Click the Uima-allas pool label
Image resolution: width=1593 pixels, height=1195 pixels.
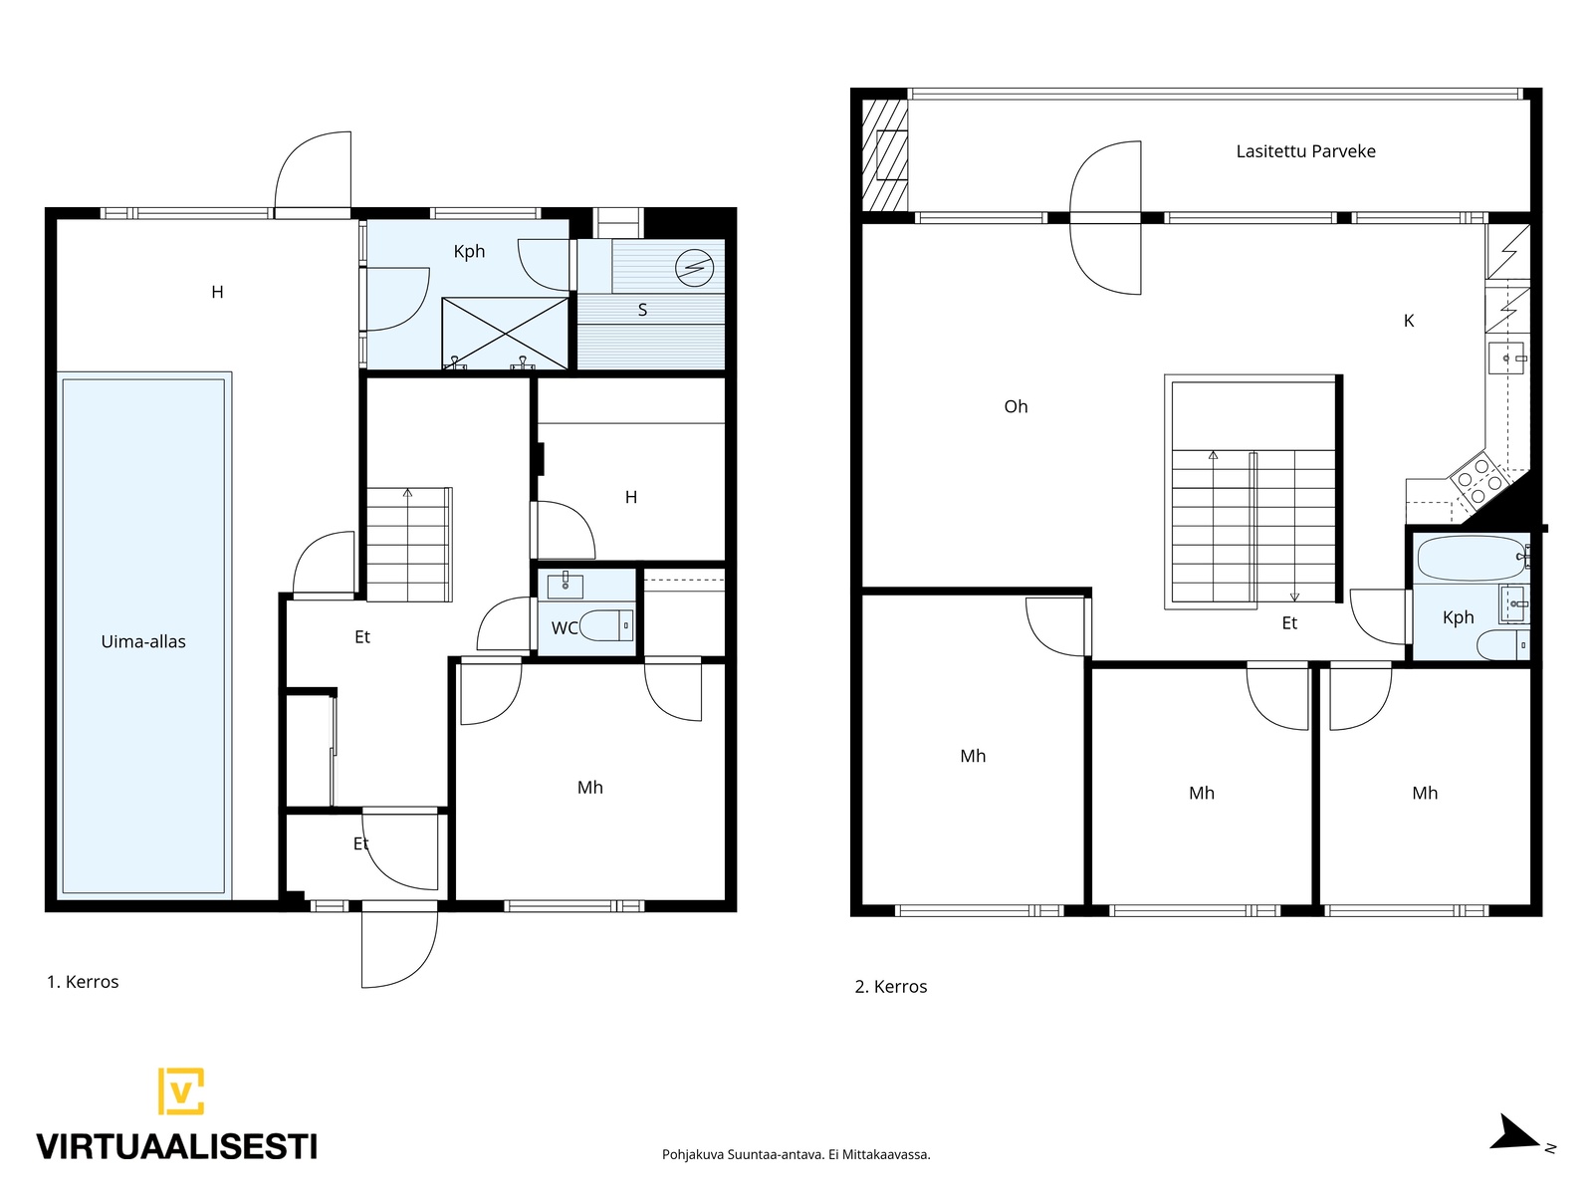pyautogui.click(x=143, y=641)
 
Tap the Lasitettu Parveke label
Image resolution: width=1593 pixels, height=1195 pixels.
pyautogui.click(x=1305, y=151)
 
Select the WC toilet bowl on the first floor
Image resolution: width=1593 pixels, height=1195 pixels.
pyautogui.click(x=606, y=625)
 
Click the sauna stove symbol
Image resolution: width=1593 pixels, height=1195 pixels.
pyautogui.click(x=695, y=269)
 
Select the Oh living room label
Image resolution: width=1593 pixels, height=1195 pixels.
pyautogui.click(x=1016, y=406)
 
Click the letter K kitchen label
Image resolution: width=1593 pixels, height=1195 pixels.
pyautogui.click(x=1409, y=321)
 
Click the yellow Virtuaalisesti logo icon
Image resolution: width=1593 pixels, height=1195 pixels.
pyautogui.click(x=181, y=1090)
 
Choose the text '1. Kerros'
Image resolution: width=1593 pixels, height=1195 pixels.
pyautogui.click(x=83, y=982)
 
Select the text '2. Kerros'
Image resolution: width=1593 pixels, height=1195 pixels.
pyautogui.click(x=890, y=987)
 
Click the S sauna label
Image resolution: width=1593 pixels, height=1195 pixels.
pyautogui.click(x=642, y=310)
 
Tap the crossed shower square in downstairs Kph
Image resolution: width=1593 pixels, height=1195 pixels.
pyautogui.click(x=505, y=333)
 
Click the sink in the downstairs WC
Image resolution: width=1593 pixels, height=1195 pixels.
pyautogui.click(x=565, y=586)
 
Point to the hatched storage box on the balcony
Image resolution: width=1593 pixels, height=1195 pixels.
pyautogui.click(x=885, y=154)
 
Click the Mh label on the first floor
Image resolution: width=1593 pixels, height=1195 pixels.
pyautogui.click(x=590, y=788)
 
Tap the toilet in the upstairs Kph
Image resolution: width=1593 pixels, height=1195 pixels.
pyautogui.click(x=1503, y=644)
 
